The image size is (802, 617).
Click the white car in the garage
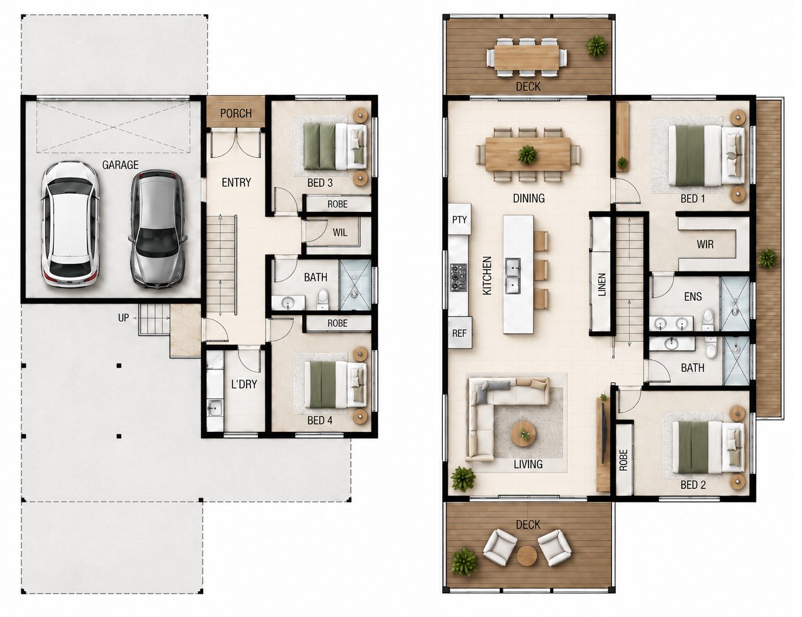70,224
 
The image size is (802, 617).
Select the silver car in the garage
157,229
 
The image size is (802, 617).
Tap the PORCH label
236,113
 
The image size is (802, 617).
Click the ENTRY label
236,183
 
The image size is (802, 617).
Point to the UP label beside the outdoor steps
123,318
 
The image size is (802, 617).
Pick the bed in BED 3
335,146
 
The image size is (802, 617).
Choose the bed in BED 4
335,384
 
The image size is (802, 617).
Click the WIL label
340,233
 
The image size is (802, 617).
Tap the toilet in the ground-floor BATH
322,299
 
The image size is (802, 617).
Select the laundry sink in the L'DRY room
214,408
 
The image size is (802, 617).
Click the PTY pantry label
460,219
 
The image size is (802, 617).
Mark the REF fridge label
460,333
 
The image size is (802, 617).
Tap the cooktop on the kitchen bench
458,278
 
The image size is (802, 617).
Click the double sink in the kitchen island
513,276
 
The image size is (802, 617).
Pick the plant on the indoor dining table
527,154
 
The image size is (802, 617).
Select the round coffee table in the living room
523,434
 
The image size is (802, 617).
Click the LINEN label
602,284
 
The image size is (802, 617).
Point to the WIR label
705,244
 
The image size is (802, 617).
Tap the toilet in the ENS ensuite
708,320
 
